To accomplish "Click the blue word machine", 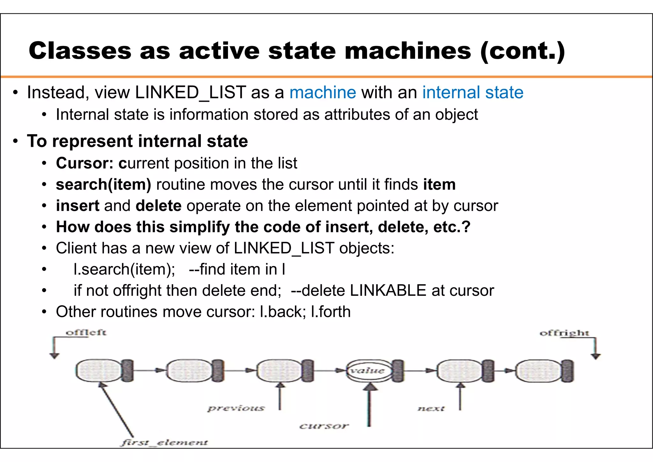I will [322, 93].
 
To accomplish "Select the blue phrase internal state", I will [473, 93].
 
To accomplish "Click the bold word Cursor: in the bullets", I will [84, 163].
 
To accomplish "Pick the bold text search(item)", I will [103, 185].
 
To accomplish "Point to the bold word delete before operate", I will [158, 206].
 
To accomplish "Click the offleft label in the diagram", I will [86, 332].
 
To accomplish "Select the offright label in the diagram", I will [564, 333].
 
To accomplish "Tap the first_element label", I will [164, 443].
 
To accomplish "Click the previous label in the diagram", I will [236, 408].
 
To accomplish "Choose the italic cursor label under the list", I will [324, 426].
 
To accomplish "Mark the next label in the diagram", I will [431, 408].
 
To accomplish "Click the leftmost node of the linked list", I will [99, 370].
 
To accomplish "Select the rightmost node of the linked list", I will [539, 370].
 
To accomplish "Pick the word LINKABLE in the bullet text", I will [388, 291].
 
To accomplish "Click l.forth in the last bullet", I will [331, 312].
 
